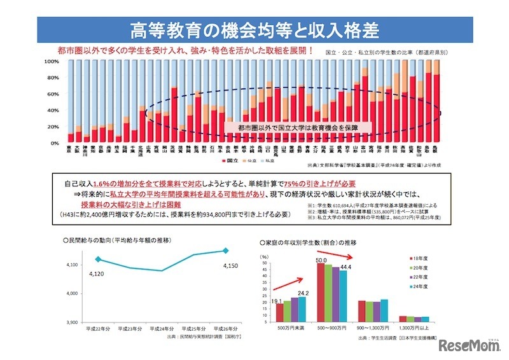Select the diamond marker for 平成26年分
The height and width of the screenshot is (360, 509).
click(x=225, y=251)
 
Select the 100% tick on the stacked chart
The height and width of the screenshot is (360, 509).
click(x=51, y=62)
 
